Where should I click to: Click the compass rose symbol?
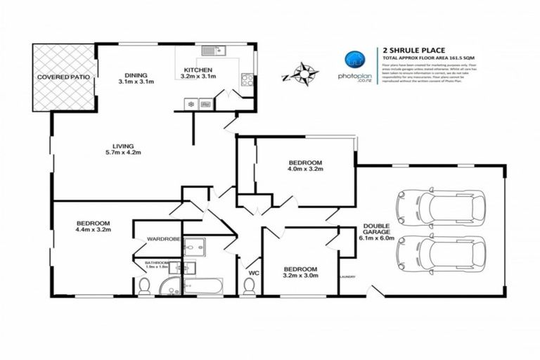coord(304,72)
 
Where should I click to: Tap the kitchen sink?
coord(210,50)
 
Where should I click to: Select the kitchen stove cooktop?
coord(246,79)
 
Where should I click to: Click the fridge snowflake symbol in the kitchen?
coord(189,105)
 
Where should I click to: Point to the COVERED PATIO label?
coord(63,76)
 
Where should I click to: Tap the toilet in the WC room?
coord(249,285)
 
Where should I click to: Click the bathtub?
coord(202,285)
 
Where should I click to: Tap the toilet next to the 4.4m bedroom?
coord(145,285)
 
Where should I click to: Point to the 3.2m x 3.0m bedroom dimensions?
coord(300,276)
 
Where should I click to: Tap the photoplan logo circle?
coord(352,59)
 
